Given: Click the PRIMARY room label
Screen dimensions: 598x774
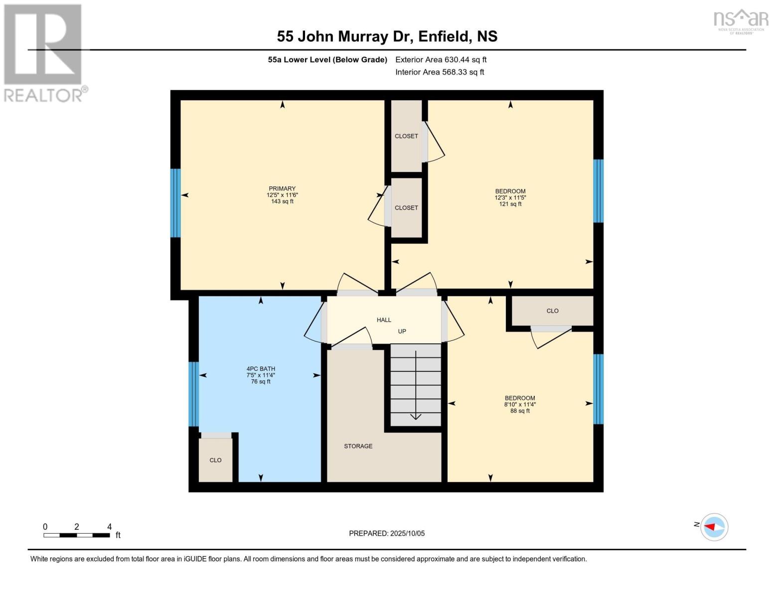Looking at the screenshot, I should (282, 189).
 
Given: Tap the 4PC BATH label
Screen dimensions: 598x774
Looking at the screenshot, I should (261, 369).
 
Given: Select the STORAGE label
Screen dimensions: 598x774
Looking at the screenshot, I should (358, 446).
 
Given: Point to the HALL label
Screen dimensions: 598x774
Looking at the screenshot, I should (384, 320).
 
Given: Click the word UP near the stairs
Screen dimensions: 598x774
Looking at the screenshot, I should (402, 331).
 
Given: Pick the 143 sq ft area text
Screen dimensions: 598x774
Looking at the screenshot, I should (282, 202).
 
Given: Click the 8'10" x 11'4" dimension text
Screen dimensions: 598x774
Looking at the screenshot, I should (520, 405).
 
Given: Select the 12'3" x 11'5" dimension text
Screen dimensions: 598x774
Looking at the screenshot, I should (510, 198).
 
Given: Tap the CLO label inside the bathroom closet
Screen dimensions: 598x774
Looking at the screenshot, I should (215, 460).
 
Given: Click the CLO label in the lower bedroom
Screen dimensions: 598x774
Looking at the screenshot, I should (552, 311).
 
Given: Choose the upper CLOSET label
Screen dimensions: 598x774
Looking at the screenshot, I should (406, 136).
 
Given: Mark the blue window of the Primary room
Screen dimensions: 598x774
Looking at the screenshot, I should (175, 203).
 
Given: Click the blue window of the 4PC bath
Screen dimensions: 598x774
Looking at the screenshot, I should (193, 394).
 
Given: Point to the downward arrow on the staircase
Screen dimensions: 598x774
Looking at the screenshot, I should (416, 417).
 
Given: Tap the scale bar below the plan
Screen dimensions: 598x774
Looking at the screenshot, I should (76, 535).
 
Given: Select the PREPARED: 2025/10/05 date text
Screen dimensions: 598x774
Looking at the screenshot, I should (387, 533).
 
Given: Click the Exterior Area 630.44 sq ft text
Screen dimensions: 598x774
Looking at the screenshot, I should (441, 60).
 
